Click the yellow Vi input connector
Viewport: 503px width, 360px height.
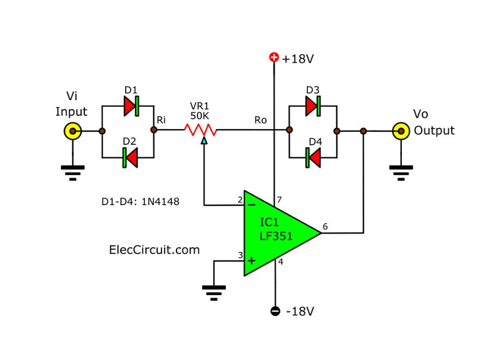[73, 131]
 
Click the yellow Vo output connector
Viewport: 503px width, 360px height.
[400, 131]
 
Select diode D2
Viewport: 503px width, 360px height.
[130, 158]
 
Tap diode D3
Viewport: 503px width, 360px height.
[312, 105]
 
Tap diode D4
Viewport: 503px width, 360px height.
[313, 158]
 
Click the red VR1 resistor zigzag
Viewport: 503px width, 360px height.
[201, 130]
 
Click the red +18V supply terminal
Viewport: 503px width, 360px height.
[274, 57]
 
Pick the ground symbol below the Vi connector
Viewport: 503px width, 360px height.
[73, 171]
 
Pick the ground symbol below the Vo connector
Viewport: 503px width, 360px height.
[400, 171]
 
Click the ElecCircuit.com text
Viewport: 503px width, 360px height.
[154, 250]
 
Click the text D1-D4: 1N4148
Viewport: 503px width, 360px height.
[141, 201]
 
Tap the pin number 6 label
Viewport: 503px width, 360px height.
[325, 227]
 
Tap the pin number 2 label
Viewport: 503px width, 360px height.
[240, 200]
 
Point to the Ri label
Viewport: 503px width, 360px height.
[161, 119]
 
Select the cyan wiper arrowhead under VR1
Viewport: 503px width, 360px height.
[205, 141]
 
